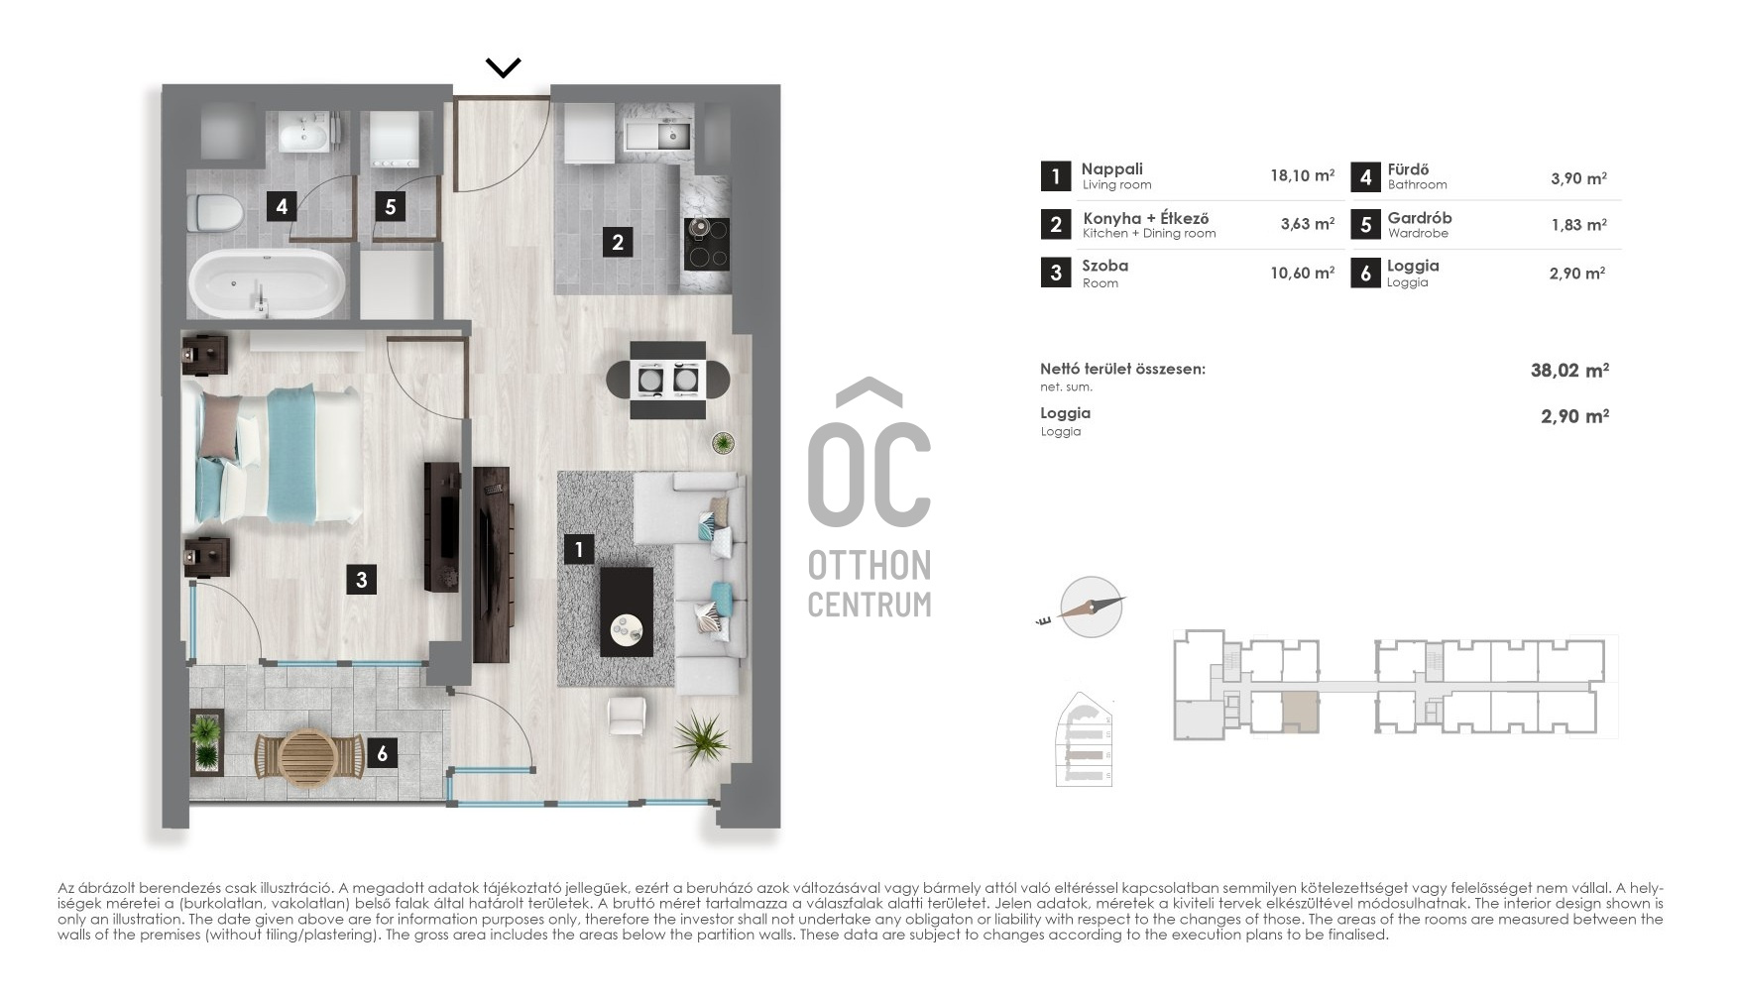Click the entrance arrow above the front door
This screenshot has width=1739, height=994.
(x=503, y=67)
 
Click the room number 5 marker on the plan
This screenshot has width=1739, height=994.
(x=391, y=206)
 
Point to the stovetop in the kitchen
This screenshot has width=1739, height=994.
(x=707, y=244)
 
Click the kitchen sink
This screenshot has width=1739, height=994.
(x=673, y=133)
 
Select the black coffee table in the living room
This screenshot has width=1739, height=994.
(x=627, y=611)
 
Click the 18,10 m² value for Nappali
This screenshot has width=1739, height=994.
(x=1302, y=175)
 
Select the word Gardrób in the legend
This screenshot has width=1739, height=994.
(x=1419, y=218)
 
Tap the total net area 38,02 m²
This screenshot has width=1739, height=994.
(x=1569, y=371)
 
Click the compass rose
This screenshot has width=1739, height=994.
(x=1091, y=607)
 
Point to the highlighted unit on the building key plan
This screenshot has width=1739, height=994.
(x=1301, y=713)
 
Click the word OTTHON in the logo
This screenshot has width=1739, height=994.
(x=869, y=566)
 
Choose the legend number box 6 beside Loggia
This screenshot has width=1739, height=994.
(x=1365, y=273)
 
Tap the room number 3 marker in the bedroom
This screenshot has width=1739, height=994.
(x=362, y=580)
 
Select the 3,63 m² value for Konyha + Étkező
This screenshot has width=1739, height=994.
(x=1307, y=224)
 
